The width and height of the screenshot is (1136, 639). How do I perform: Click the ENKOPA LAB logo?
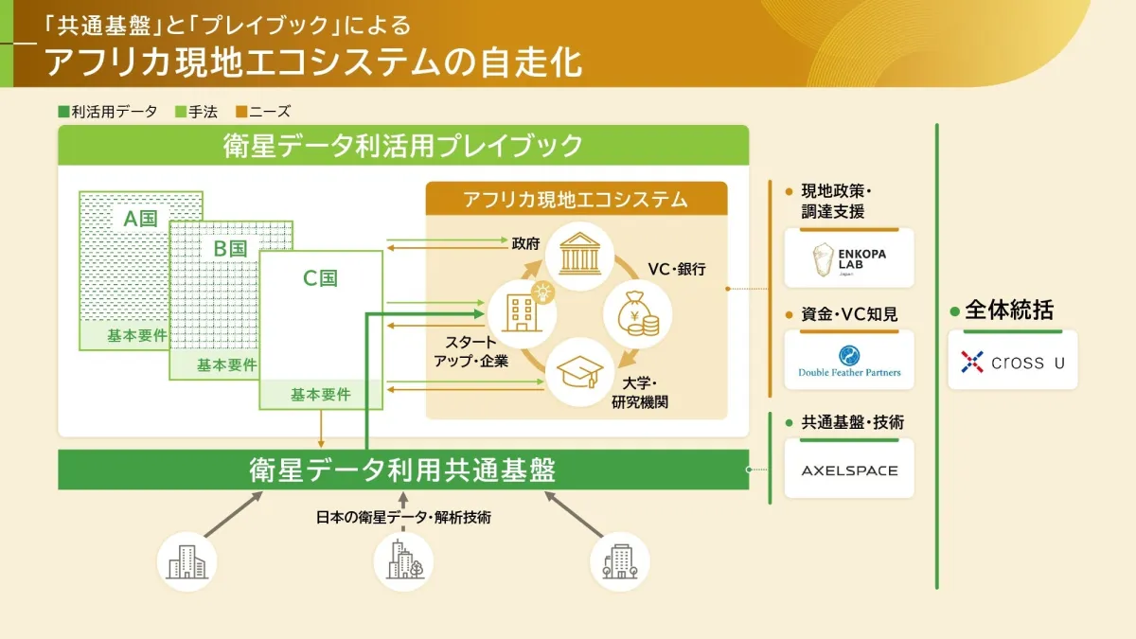[x=849, y=257]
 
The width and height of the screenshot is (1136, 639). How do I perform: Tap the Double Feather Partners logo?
[x=849, y=360]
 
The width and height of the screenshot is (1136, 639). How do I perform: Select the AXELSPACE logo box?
[x=849, y=470]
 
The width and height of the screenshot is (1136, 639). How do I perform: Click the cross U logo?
[x=1012, y=361]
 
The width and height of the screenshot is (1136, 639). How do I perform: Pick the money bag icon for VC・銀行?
[x=637, y=312]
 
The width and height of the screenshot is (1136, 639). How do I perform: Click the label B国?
[x=230, y=249]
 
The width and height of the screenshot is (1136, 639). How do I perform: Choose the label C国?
[x=320, y=278]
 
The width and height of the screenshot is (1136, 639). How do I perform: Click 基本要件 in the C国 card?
[x=321, y=394]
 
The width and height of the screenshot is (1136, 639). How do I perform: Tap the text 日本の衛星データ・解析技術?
[x=403, y=517]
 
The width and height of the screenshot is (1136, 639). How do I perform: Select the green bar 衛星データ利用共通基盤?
[x=402, y=470]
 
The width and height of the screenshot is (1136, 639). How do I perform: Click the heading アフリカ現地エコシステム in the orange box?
[x=576, y=200]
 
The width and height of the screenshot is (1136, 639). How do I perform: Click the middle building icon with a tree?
[x=403, y=559]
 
